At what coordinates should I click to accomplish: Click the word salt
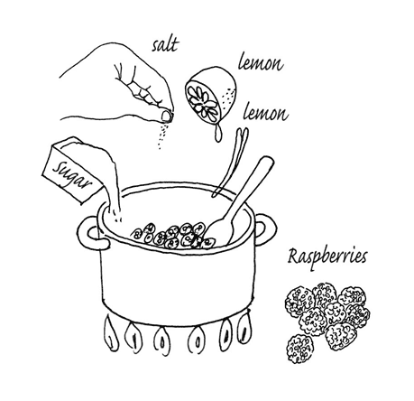[165, 45]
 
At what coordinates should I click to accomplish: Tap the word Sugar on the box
[71, 176]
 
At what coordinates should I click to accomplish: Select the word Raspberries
[327, 257]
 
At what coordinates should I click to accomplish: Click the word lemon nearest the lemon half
[261, 63]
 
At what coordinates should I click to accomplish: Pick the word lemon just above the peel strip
[265, 113]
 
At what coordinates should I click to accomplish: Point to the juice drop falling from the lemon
[217, 134]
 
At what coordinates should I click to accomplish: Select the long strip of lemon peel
[231, 162]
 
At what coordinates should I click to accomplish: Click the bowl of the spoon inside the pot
[218, 231]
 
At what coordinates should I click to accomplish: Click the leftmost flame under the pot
[110, 333]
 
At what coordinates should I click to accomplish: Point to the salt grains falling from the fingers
[162, 135]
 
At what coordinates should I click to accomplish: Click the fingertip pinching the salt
[166, 116]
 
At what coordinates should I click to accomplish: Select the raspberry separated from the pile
[299, 349]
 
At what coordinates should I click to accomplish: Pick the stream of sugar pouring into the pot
[112, 183]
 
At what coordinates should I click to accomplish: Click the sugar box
[72, 170]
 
